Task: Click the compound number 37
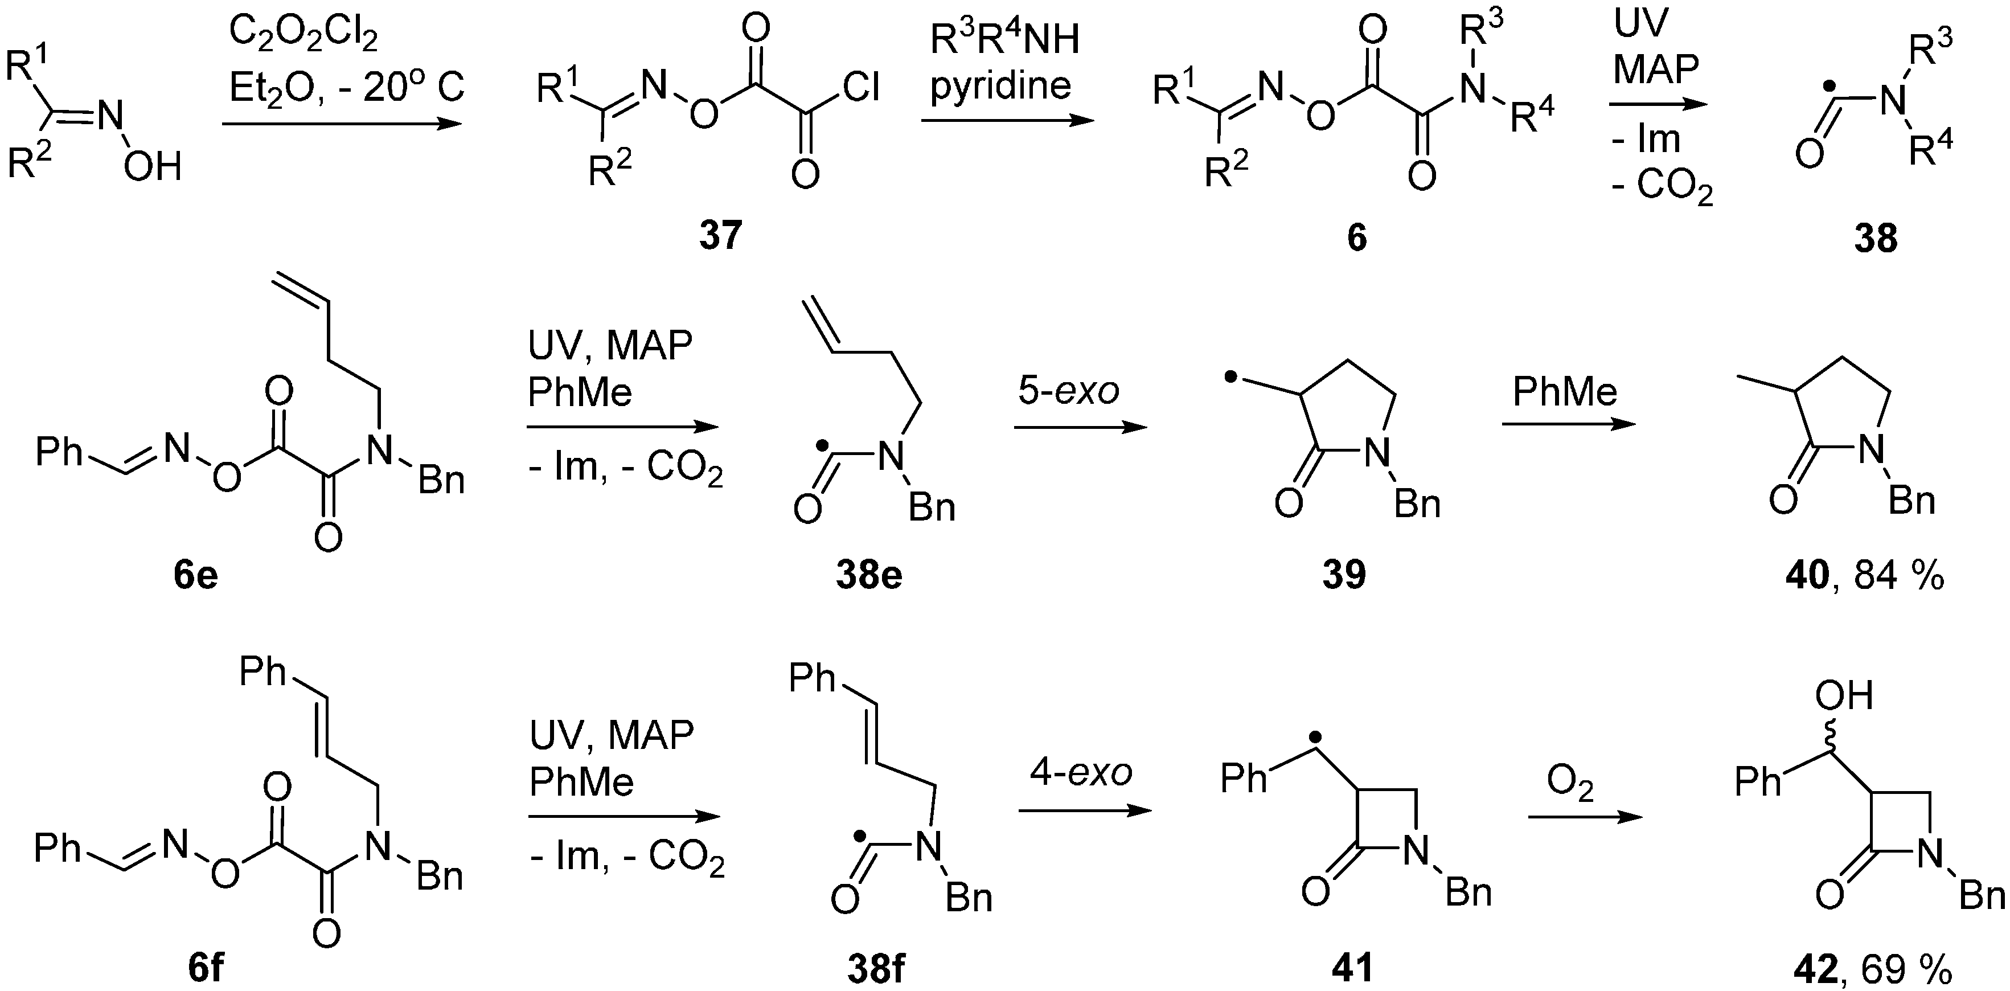pyautogui.click(x=720, y=235)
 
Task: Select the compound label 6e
pyautogui.click(x=196, y=575)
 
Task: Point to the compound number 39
pyautogui.click(x=1344, y=575)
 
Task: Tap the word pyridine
pyautogui.click(x=1001, y=85)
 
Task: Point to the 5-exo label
pyautogui.click(x=1068, y=391)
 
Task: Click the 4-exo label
pyautogui.click(x=1081, y=772)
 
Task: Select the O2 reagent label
pyautogui.click(x=1570, y=784)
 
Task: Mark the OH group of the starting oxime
pyautogui.click(x=153, y=166)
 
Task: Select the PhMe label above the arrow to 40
pyautogui.click(x=1565, y=391)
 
